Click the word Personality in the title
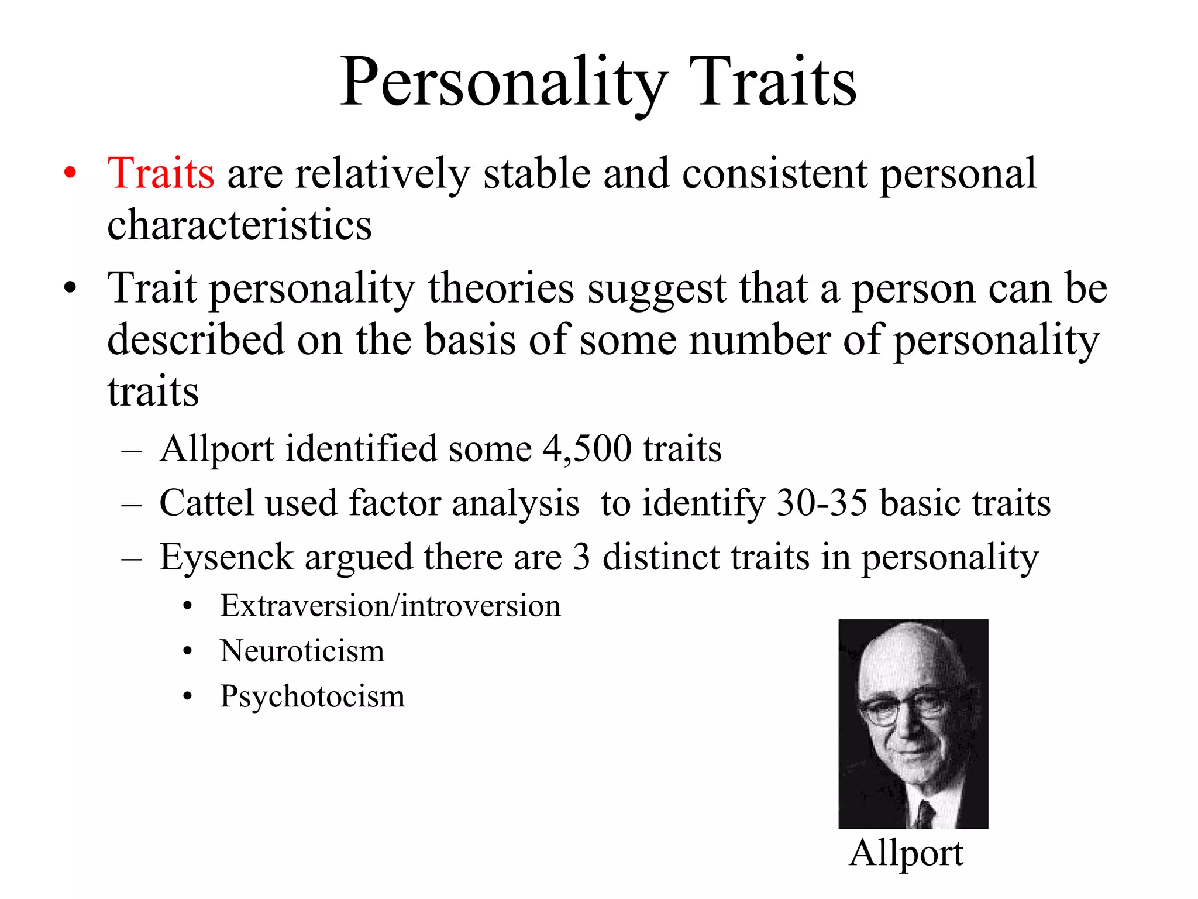click(x=503, y=83)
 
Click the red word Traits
click(x=161, y=174)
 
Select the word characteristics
click(x=239, y=225)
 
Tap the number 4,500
click(x=587, y=449)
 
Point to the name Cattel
click(x=206, y=503)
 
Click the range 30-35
click(x=822, y=503)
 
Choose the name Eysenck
click(x=226, y=557)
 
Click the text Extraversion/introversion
click(x=390, y=606)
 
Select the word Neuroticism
click(x=302, y=651)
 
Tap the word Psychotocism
click(x=312, y=696)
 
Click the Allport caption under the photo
click(x=906, y=853)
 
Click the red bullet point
click(x=70, y=174)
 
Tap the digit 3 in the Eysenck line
click(x=581, y=557)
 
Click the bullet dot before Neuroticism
click(x=187, y=651)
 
